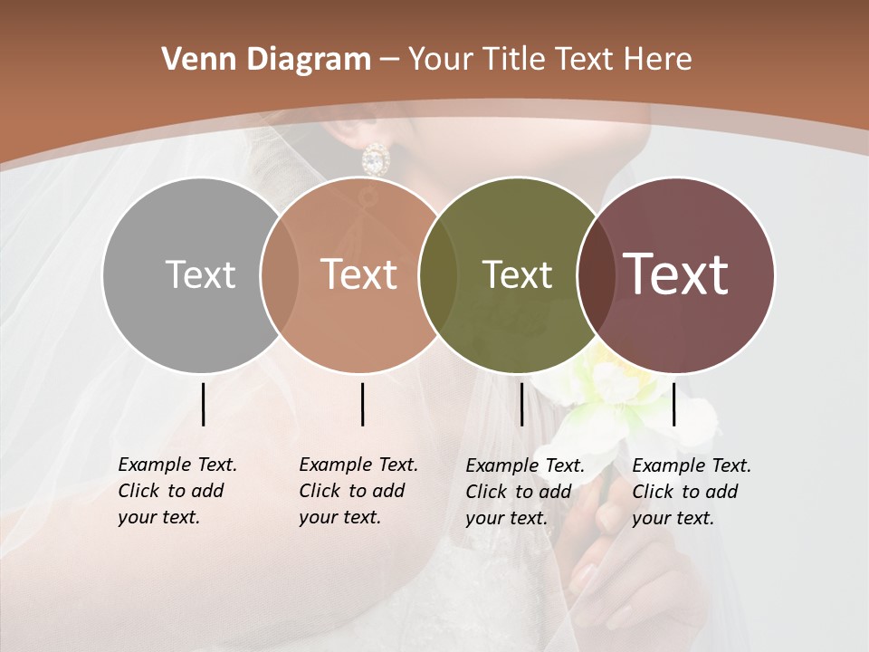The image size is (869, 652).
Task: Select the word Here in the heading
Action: [658, 60]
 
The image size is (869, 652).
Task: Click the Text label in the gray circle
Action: [200, 274]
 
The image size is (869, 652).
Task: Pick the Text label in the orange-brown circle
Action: [359, 274]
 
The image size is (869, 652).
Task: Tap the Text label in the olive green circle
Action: [517, 274]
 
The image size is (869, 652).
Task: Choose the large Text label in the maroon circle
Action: [676, 274]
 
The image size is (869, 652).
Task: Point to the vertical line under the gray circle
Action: [203, 404]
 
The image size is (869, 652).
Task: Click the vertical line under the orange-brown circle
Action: [362, 404]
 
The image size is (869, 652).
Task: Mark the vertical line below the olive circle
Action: [521, 404]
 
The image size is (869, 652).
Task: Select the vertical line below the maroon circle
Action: [673, 404]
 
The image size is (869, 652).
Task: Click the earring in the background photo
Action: [375, 160]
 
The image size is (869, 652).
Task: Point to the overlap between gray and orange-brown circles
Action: [280, 274]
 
